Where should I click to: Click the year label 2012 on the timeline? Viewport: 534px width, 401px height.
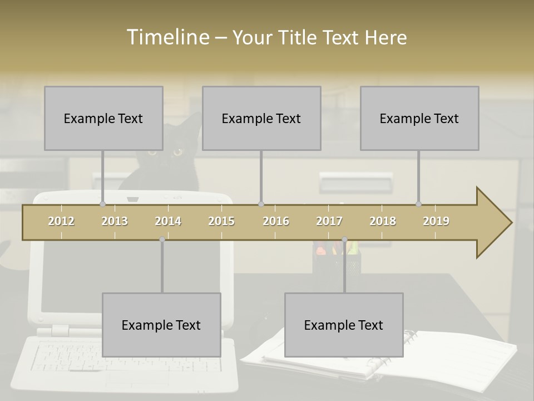coord(61,221)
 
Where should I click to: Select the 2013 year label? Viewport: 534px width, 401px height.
coord(115,221)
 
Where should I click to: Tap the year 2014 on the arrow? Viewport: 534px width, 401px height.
coord(168,221)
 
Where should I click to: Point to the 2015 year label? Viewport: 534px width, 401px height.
coord(221,221)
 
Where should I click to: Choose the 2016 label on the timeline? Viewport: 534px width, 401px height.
coord(276,221)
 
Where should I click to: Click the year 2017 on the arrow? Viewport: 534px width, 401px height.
coord(329,221)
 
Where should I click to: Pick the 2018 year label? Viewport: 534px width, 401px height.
coord(383,221)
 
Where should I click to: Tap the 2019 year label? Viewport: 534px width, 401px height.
coord(436,221)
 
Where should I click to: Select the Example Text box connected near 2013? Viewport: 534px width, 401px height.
coord(103,118)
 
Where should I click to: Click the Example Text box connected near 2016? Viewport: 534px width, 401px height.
coord(261,118)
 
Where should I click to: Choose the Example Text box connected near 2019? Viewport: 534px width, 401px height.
coord(419,118)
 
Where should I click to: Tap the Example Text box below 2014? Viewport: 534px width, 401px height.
coord(161,325)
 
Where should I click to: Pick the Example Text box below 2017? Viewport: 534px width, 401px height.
coord(344,325)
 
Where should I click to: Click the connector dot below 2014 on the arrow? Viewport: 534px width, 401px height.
coord(162,239)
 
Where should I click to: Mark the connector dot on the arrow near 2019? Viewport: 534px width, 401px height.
coord(419,204)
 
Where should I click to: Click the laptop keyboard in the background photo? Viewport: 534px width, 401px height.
coord(67,356)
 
